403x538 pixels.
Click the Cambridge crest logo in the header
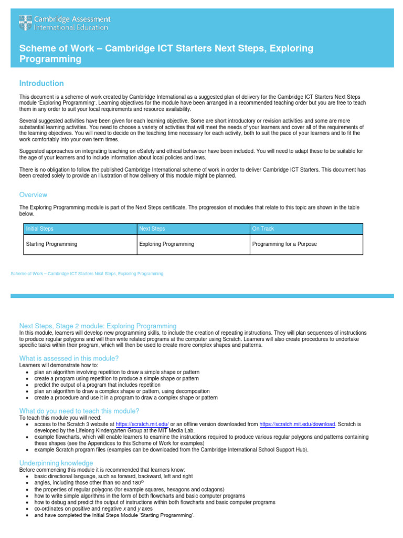(x=25, y=23)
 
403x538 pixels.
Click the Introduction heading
(x=41, y=84)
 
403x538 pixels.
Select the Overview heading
(x=34, y=195)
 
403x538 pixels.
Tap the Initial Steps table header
(x=40, y=229)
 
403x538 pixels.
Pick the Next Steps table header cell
(x=152, y=229)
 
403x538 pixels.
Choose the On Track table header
(x=263, y=229)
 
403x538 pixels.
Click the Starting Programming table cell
(x=51, y=244)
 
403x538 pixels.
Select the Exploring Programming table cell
(x=166, y=244)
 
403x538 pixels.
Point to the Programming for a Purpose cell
(x=284, y=244)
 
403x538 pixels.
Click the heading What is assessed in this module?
(x=69, y=358)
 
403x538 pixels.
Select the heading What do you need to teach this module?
(x=79, y=411)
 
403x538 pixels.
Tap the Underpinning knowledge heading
(x=56, y=463)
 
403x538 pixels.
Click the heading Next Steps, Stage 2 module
(x=98, y=326)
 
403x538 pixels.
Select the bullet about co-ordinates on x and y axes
(x=93, y=509)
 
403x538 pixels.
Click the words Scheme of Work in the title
(x=56, y=48)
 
